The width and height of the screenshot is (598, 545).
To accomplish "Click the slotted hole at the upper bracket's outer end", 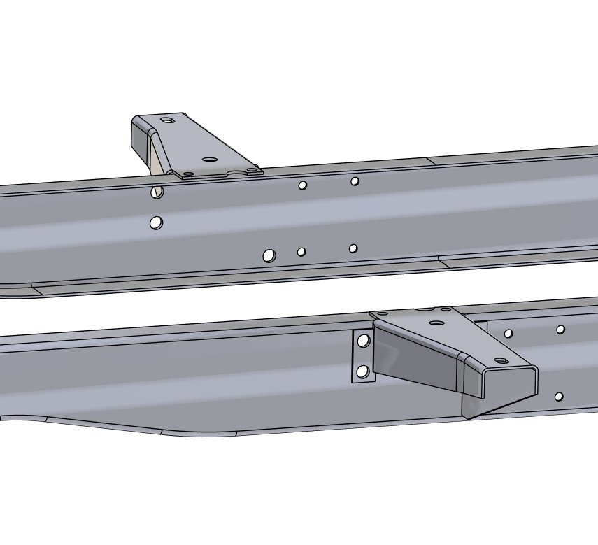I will click(166, 120).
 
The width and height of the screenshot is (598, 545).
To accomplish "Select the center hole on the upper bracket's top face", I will click(208, 159).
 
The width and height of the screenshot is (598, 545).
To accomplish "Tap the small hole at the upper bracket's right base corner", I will click(252, 169).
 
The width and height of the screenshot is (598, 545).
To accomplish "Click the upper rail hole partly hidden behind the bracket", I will click(157, 192).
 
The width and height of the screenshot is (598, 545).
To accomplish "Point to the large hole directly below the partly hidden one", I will click(157, 222).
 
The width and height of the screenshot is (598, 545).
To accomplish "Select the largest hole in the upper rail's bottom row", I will click(269, 256).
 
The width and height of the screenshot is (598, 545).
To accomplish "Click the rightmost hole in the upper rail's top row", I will click(355, 181).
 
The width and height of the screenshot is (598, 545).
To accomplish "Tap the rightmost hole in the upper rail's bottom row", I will click(353, 248).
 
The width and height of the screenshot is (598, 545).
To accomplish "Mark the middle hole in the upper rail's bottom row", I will click(301, 252).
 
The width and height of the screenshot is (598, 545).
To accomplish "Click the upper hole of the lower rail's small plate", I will click(364, 341).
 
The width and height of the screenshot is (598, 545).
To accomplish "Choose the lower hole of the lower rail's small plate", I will click(363, 371).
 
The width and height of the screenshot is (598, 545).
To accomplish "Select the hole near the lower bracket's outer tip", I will click(500, 360).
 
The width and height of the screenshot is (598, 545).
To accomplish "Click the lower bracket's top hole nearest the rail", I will click(437, 323).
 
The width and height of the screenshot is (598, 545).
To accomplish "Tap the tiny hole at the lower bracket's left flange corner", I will click(383, 314).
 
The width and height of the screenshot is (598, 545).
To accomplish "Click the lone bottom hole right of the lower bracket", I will click(559, 397).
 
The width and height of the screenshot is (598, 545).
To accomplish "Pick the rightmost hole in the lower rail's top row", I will click(561, 330).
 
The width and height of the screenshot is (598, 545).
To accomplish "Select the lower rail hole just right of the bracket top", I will click(508, 334).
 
